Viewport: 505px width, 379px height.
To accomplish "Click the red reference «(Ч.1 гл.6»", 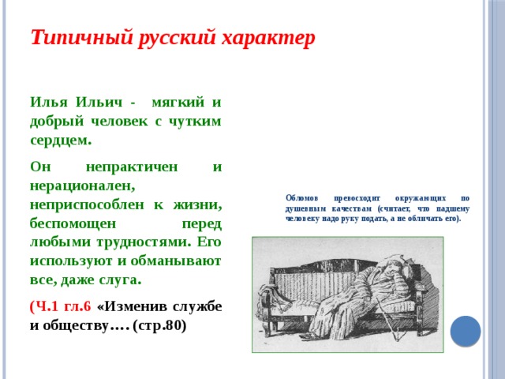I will pos(60,307).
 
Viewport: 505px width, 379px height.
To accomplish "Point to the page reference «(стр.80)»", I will pos(160,326).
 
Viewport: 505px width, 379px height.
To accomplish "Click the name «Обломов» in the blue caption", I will pos(302,197).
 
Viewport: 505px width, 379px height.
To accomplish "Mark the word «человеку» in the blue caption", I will pos(302,218).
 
